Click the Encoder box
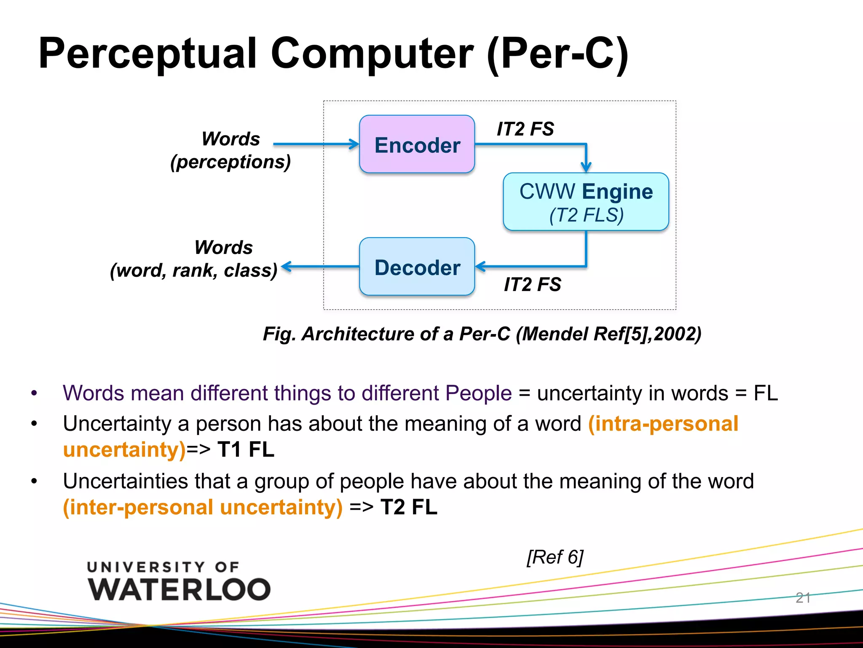pos(417,144)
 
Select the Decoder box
pos(417,267)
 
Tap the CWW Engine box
pos(586,202)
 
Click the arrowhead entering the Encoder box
pos(354,144)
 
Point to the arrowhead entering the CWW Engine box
pos(586,167)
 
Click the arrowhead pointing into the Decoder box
pos(480,267)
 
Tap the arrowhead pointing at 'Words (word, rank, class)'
pos(287,267)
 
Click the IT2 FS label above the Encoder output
pos(525,129)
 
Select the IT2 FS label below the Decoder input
pos(532,284)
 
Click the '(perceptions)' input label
pos(230,162)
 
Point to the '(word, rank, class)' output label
pos(193,270)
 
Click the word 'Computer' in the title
pos(372,54)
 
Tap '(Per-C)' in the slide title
pos(557,54)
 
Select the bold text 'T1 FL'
pos(246,449)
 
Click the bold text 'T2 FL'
pos(409,507)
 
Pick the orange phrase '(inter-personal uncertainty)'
pos(203,507)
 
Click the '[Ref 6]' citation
pos(555,557)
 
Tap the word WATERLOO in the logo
pos(179,589)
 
